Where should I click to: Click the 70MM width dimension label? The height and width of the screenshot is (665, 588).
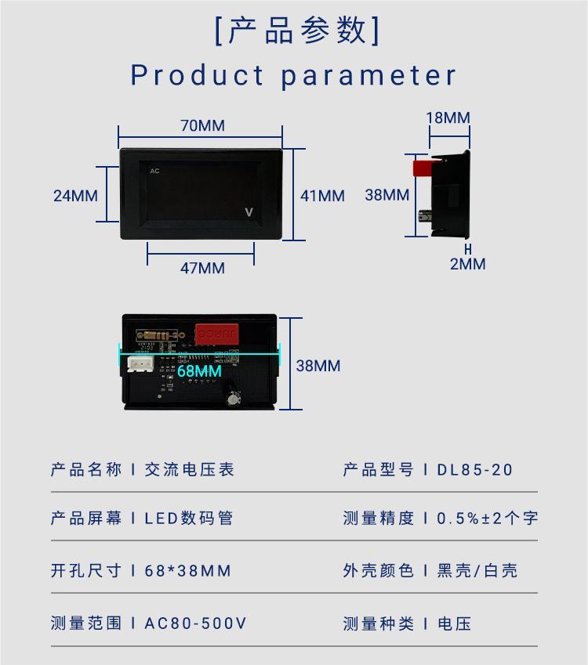[202, 125]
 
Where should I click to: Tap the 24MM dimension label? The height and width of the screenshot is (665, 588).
[75, 196]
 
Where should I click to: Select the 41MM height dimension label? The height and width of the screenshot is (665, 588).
[323, 196]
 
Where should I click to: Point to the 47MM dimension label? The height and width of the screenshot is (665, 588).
[202, 268]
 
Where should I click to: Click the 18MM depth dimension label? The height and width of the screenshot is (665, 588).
[448, 118]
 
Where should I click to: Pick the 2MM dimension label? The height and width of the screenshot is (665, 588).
[468, 264]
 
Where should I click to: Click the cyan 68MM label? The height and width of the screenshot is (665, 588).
[200, 371]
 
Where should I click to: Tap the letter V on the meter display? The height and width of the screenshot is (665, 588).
[249, 212]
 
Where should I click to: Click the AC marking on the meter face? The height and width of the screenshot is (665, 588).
[154, 171]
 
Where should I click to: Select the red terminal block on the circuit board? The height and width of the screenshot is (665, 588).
[217, 334]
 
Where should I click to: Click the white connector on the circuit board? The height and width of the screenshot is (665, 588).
[140, 363]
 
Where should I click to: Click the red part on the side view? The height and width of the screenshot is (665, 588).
[423, 168]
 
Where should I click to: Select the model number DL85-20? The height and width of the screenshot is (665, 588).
[475, 470]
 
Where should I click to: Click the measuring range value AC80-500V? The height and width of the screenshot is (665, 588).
[195, 623]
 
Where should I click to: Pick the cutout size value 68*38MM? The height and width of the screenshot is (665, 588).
[187, 571]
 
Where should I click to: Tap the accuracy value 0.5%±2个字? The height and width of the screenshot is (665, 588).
[488, 519]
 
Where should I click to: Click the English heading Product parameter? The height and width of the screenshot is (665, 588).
[293, 75]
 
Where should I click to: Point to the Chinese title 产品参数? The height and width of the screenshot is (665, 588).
[297, 31]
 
